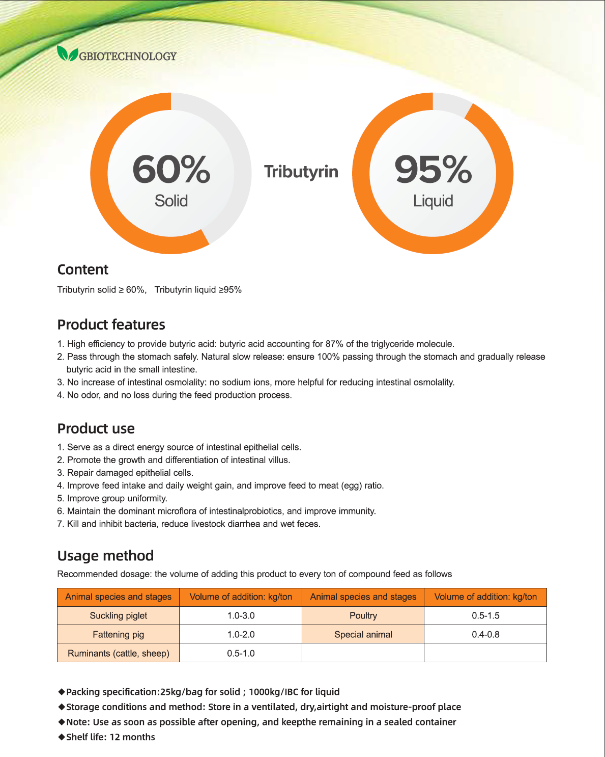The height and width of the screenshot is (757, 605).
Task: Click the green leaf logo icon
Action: [67, 53]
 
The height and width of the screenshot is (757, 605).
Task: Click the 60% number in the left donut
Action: [171, 169]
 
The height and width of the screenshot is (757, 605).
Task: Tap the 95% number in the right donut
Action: [433, 169]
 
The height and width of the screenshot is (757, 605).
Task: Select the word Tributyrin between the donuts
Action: [301, 172]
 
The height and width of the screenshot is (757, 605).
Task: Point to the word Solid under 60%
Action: [171, 201]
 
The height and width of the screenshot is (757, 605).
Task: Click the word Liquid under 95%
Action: [433, 201]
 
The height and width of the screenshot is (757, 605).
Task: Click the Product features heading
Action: [111, 325]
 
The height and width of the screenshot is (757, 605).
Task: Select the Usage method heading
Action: [105, 555]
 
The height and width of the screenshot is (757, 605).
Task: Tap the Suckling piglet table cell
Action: [119, 615]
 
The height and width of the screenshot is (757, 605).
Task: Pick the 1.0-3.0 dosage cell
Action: [241, 615]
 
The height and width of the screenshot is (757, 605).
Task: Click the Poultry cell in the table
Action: [363, 615]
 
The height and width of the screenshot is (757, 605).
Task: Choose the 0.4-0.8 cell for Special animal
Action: [485, 634]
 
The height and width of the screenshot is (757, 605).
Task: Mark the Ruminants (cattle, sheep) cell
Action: [119, 653]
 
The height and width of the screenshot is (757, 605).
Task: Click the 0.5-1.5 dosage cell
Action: [485, 615]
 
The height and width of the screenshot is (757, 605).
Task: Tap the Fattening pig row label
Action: [119, 634]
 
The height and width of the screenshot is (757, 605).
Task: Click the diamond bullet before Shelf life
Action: [62, 737]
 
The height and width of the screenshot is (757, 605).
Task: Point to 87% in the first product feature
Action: [334, 344]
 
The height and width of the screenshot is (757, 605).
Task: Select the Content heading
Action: [83, 269]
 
